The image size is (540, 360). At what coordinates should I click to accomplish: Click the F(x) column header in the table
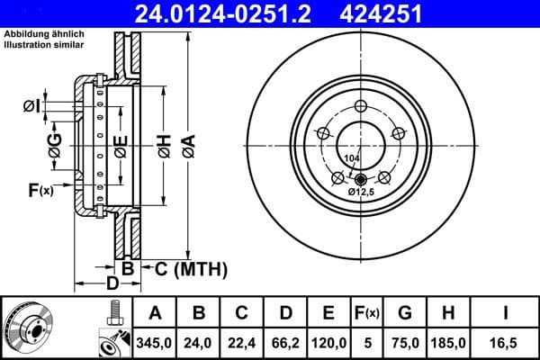pyautogui.click(x=367, y=313)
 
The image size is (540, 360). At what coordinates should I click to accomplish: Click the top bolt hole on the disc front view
pyautogui.click(x=361, y=107)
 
